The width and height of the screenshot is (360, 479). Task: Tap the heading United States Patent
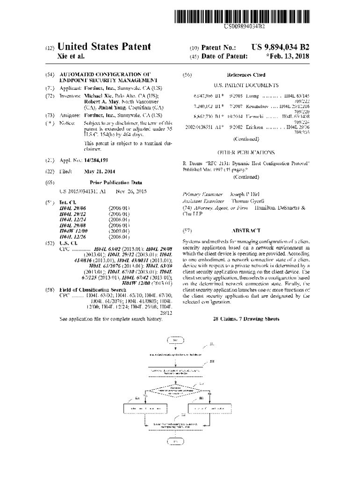(x=104, y=47)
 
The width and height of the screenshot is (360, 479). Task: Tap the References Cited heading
(x=246, y=75)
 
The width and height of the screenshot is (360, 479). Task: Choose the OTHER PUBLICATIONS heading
(x=246, y=152)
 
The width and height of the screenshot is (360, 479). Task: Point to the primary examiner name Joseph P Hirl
(x=247, y=194)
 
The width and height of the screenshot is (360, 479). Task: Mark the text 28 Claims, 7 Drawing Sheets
(x=246, y=319)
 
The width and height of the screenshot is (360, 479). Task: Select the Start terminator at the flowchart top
(x=175, y=340)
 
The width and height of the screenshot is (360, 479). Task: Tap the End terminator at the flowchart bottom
(x=176, y=441)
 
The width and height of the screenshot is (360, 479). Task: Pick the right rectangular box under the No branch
(x=206, y=408)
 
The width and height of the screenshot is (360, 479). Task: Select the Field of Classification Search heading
(x=93, y=290)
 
